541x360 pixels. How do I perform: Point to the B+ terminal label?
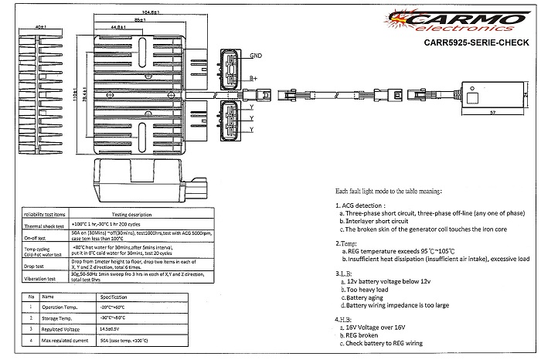click(253, 79)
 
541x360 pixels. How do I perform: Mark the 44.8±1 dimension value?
click(119, 26)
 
